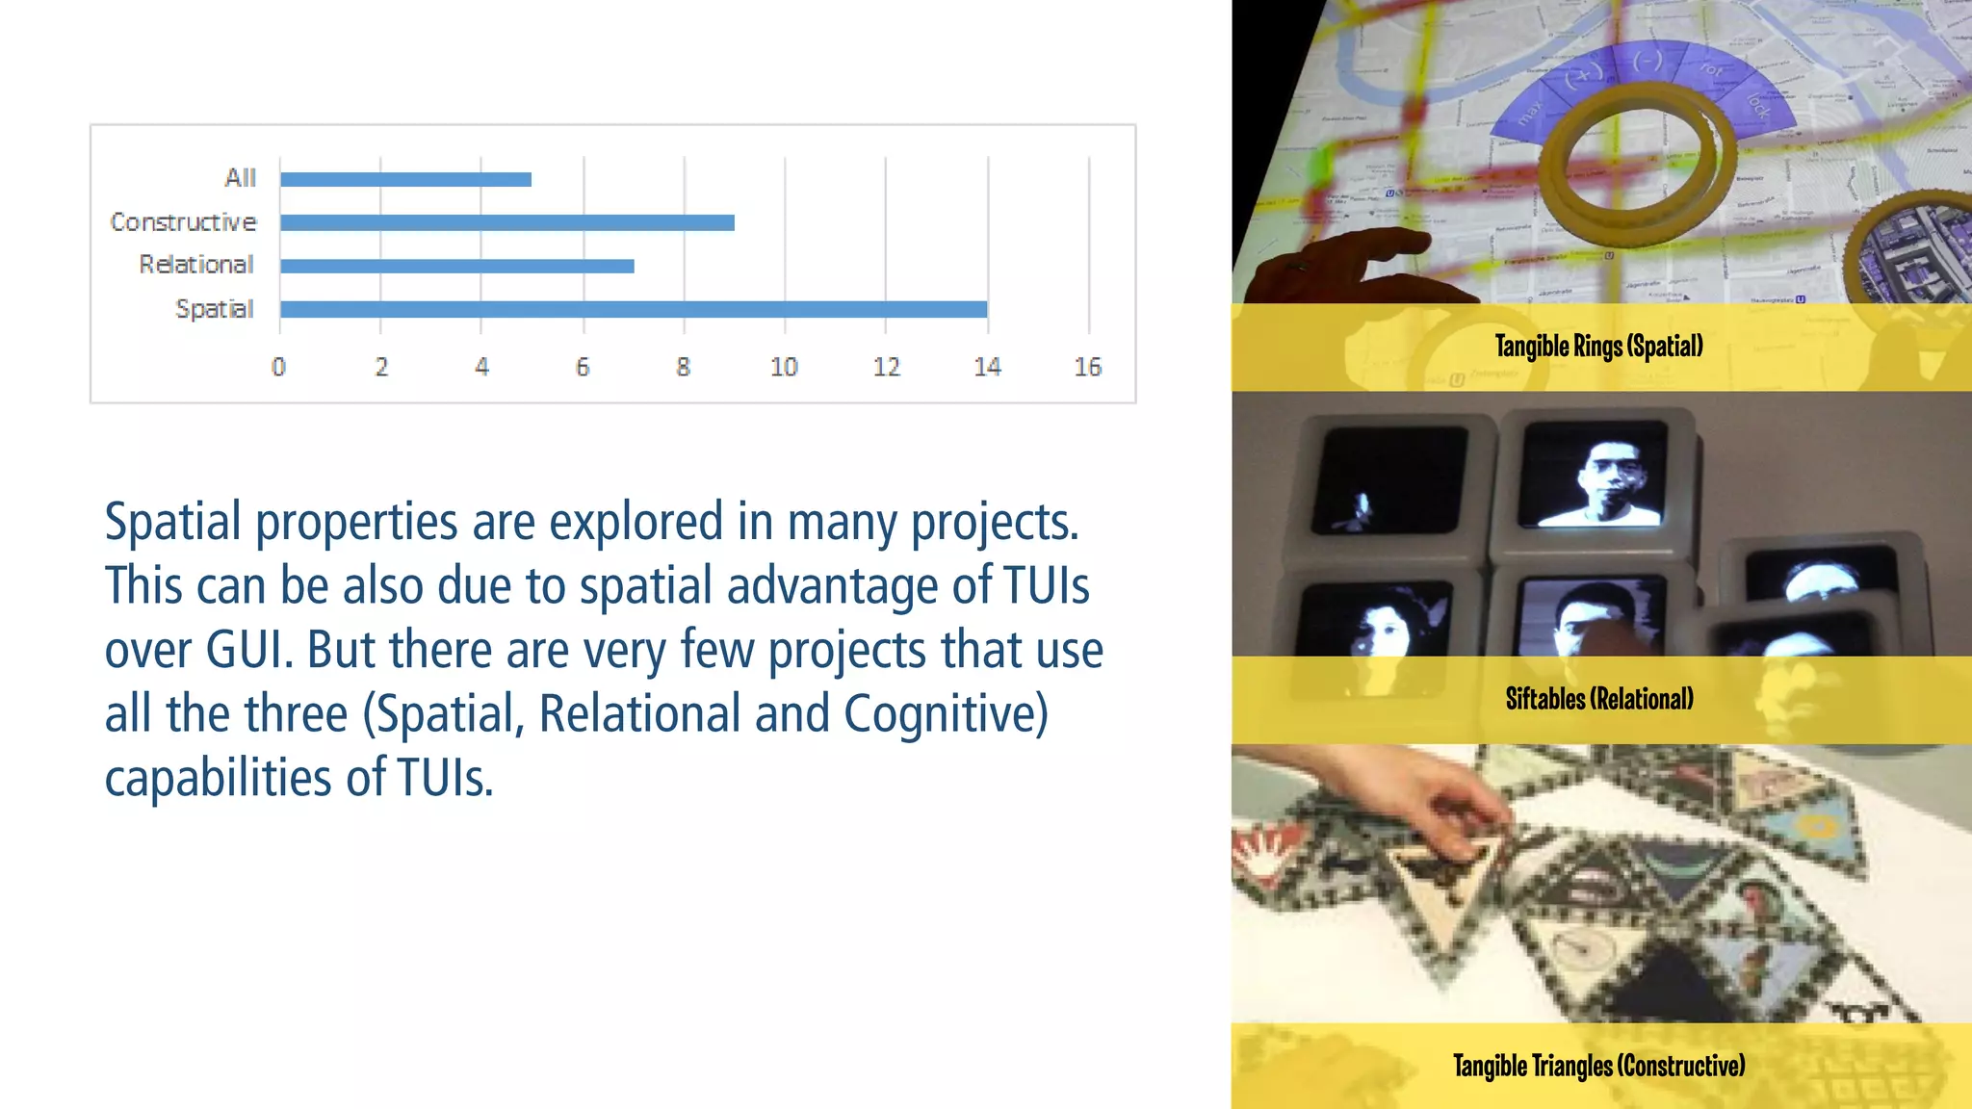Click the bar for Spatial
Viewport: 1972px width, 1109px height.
pos(634,309)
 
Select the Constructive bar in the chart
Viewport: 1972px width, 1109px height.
pos(507,222)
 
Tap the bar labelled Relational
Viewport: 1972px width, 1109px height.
pos(457,266)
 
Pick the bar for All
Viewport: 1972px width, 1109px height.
pos(405,179)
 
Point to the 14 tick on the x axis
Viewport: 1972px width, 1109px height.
pos(987,367)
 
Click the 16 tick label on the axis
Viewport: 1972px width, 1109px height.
pos(1088,367)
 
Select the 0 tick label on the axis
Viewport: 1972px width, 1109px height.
pos(278,367)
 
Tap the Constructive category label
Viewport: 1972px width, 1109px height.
pos(183,222)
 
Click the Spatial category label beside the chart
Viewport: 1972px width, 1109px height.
pos(214,309)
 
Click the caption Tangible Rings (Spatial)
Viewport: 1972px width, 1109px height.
pos(1598,346)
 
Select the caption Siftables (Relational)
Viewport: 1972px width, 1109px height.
pos(1599,699)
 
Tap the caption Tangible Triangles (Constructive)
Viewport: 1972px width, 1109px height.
pos(1598,1066)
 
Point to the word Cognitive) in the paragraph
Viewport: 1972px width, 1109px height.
pos(946,714)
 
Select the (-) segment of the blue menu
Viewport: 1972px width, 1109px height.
pos(1648,62)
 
